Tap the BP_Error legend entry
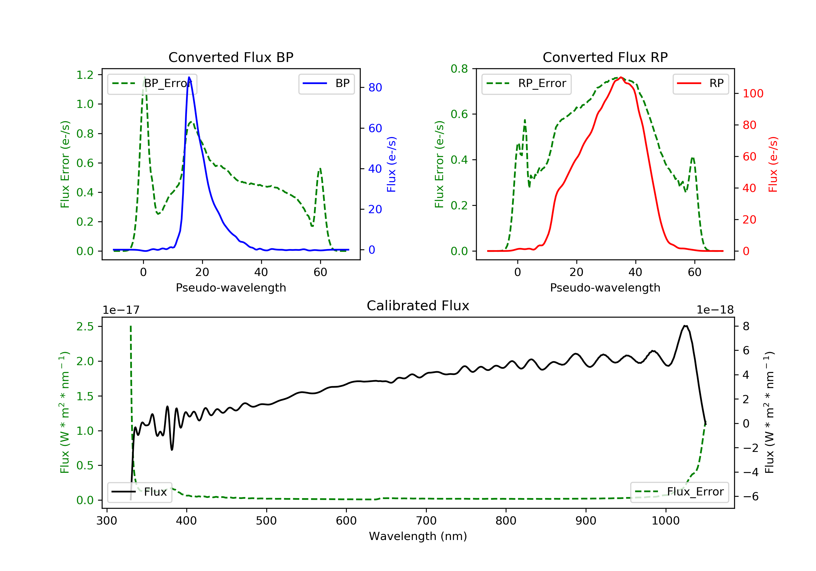pyautogui.click(x=152, y=83)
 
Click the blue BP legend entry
pyautogui.click(x=326, y=83)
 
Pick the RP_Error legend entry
pyautogui.click(x=526, y=83)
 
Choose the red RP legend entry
pyautogui.click(x=700, y=83)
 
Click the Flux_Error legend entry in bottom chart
pyautogui.click(x=679, y=492)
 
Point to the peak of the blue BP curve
pyautogui.click(x=189, y=77)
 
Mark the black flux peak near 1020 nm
pyautogui.click(x=685, y=326)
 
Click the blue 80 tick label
pyautogui.click(x=375, y=87)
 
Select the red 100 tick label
pyautogui.click(x=753, y=94)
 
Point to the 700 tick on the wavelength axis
pyautogui.click(x=426, y=521)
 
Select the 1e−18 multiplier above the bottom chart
pyautogui.click(x=715, y=310)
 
